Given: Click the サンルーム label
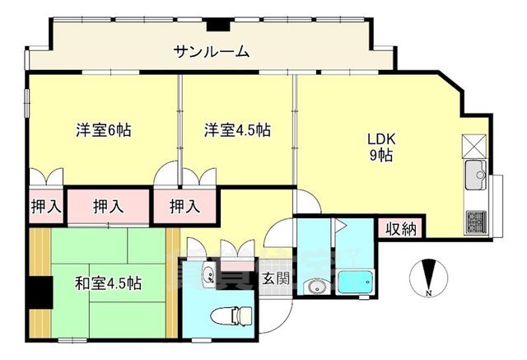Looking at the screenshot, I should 211,52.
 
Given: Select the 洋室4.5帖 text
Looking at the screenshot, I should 238,129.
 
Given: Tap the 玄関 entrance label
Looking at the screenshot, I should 275,278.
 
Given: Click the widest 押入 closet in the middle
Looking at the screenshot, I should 109,206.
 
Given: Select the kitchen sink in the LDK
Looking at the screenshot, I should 475,174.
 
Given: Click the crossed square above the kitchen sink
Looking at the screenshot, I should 475,146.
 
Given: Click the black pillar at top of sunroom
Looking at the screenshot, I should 220,25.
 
